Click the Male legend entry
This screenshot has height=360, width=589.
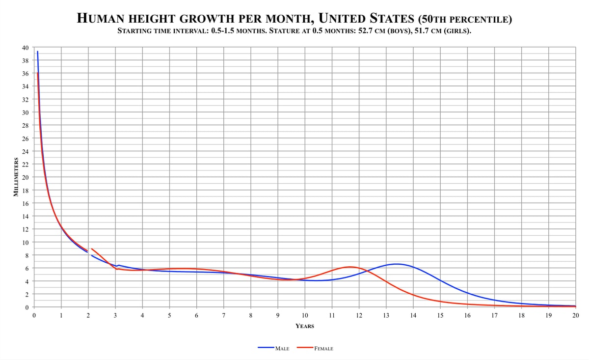273,348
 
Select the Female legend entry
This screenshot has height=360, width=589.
315,348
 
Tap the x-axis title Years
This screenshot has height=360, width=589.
305,326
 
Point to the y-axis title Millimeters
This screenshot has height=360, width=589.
16,177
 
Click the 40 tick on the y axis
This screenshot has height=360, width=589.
25,48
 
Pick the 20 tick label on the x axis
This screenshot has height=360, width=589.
576,315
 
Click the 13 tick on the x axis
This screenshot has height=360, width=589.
386,315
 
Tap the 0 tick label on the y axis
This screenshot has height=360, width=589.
27,307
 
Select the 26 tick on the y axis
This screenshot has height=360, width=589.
25,138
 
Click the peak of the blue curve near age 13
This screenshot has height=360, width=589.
397,264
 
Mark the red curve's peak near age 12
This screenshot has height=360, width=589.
349,267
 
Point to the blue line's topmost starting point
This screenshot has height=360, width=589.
38,51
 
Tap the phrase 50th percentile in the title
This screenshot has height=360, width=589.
465,19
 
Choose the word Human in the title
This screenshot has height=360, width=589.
100,19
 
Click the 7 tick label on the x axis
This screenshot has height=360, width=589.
223,315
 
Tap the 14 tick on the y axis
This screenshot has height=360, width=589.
25,216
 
